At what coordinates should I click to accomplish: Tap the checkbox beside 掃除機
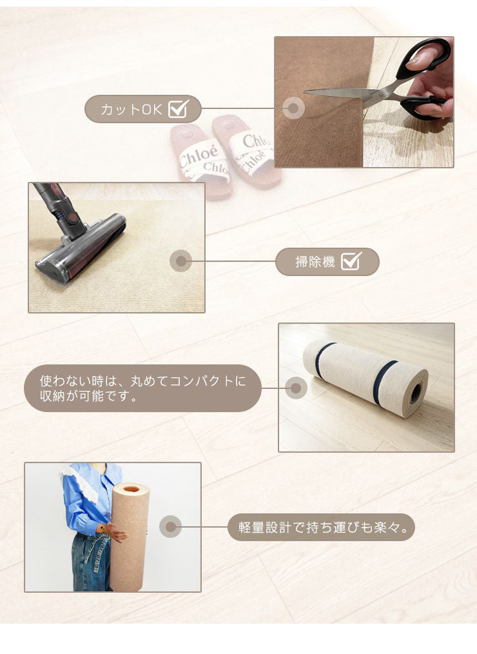coord(351,261)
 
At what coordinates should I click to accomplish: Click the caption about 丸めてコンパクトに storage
coord(142,388)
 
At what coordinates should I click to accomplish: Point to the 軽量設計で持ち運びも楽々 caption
coord(320,528)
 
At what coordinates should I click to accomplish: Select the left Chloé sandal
coord(200,161)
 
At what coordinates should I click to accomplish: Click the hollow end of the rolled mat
coord(415,393)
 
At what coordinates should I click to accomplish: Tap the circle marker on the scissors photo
coord(293,108)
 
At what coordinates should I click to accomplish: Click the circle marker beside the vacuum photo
coord(180,261)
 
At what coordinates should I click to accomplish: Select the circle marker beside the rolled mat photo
coord(295,388)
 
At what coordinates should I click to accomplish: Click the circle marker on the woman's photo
coord(170,527)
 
